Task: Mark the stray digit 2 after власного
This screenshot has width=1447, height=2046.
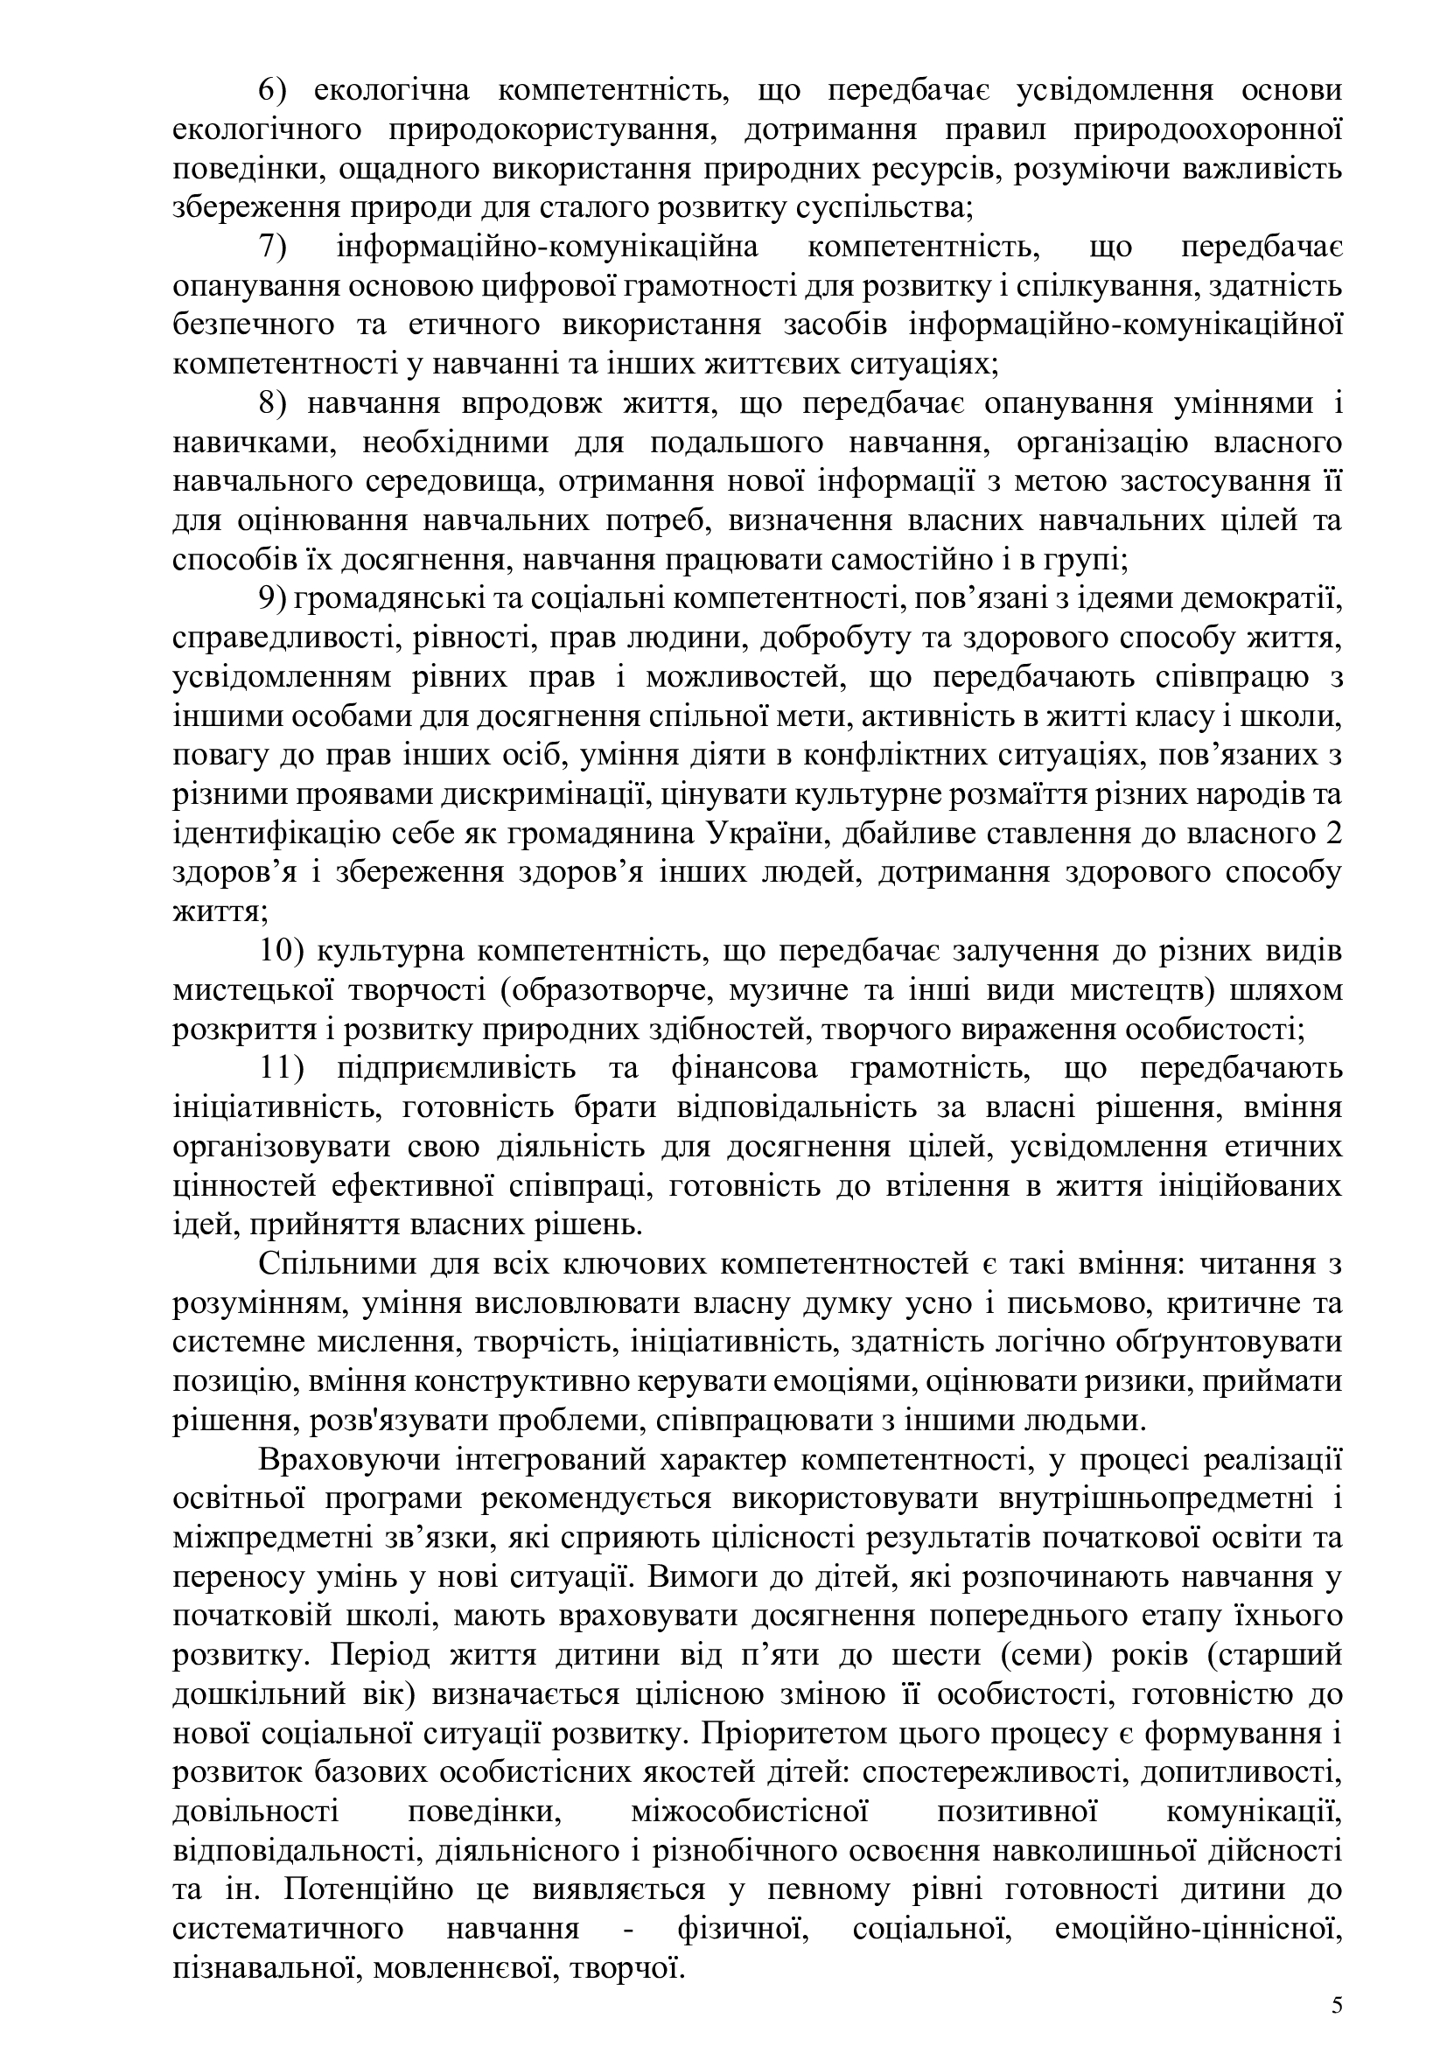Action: coord(1334,835)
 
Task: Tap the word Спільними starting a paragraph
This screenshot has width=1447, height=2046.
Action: coord(320,1266)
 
